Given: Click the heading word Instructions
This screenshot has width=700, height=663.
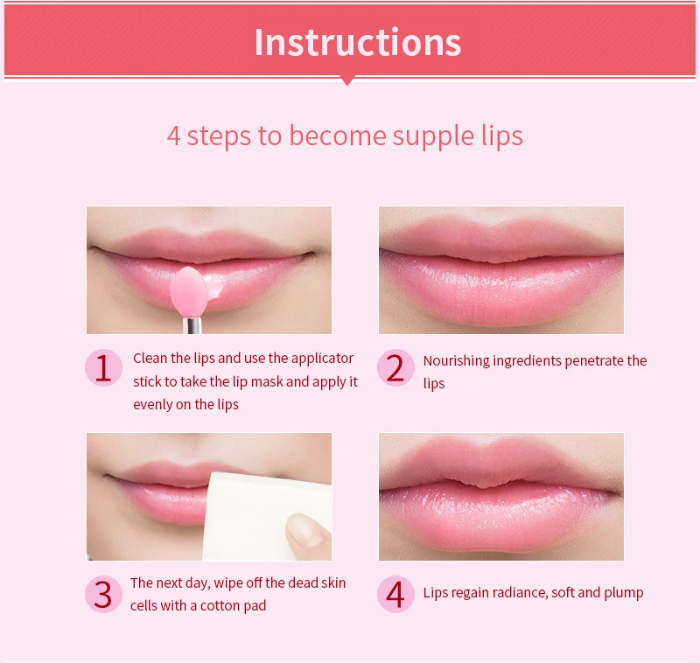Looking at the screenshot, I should (x=357, y=42).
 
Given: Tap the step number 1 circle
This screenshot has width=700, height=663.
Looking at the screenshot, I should (x=103, y=368).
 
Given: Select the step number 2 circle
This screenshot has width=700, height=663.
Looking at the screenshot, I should (x=395, y=368).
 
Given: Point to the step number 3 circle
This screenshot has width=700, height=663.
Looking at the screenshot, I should (x=103, y=595).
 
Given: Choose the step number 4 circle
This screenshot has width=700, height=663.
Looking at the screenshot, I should (x=395, y=595).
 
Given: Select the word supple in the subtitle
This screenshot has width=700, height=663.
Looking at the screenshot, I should (x=424, y=136).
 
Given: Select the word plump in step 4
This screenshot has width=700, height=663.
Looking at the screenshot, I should (x=624, y=593).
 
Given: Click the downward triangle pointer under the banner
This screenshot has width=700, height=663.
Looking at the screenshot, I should (x=347, y=80).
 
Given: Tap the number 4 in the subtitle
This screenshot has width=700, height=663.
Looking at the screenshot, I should (x=174, y=136).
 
